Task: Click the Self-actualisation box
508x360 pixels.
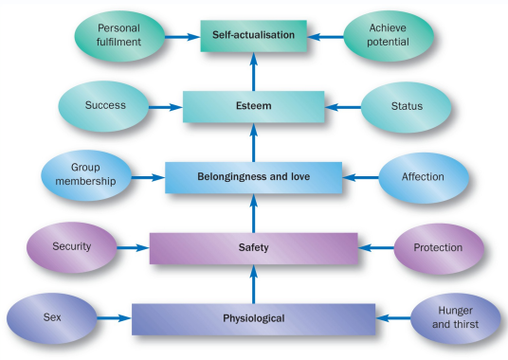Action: (253, 36)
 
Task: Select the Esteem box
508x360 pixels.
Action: (253, 106)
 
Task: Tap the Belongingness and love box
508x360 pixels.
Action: (253, 176)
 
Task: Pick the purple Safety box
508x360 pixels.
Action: (253, 247)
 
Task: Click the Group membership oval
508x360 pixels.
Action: (84, 175)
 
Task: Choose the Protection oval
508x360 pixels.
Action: (438, 247)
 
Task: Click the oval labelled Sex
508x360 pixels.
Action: (52, 316)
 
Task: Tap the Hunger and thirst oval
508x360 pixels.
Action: (456, 316)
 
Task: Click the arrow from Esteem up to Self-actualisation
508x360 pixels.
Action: (253, 71)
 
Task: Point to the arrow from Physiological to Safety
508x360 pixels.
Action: (253, 282)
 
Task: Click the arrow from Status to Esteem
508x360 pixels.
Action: (342, 106)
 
